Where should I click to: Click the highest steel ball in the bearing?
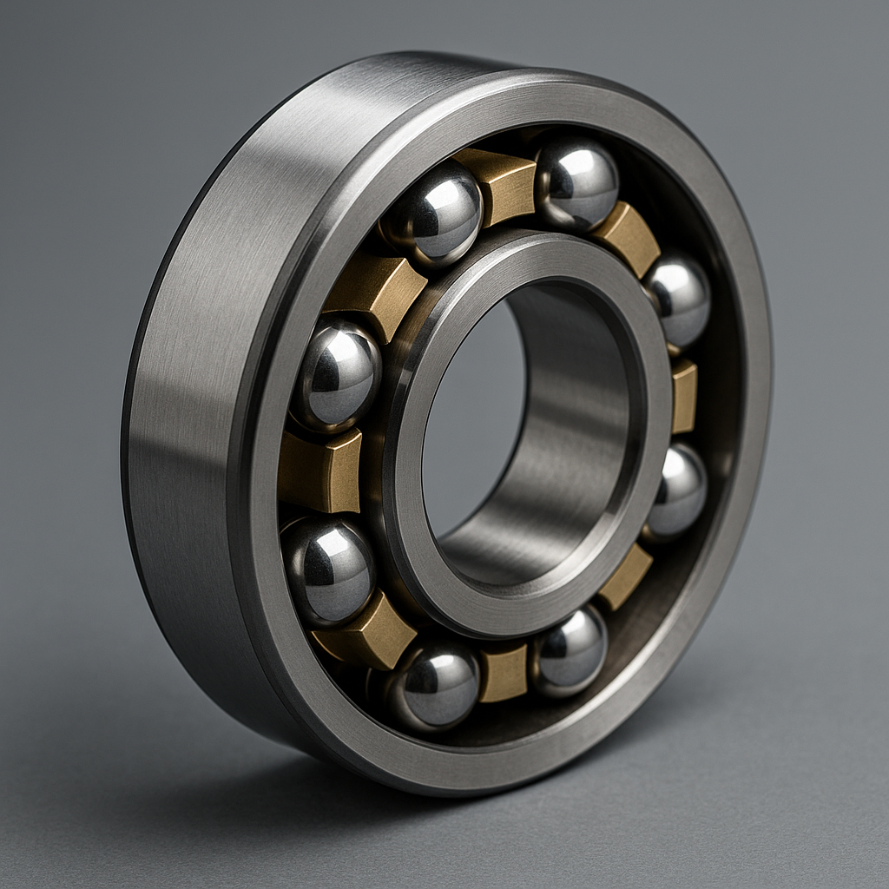point(577,184)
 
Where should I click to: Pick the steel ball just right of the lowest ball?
point(570,650)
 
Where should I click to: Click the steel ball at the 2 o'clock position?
point(678,300)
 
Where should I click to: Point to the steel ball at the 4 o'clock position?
point(675,491)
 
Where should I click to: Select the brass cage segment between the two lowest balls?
point(504,672)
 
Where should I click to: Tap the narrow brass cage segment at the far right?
point(683,396)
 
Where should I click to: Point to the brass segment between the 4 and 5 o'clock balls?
point(625,577)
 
